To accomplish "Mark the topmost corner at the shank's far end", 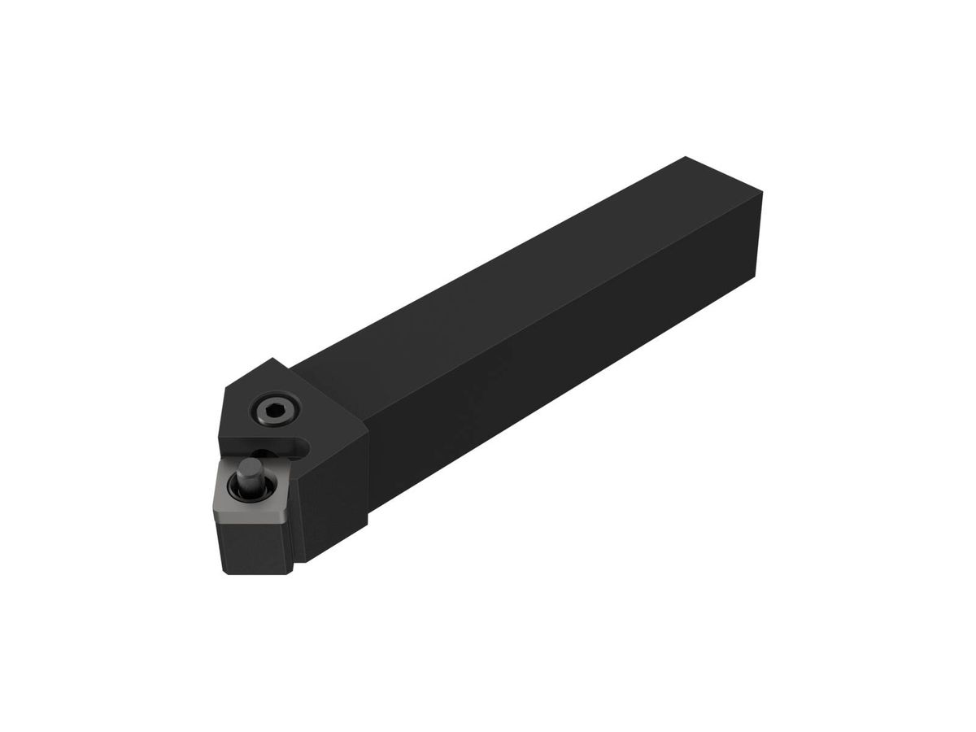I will coord(686,157).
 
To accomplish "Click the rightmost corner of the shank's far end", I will coord(763,193).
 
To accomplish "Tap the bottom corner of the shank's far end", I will coord(758,277).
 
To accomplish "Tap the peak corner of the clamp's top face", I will coord(273,359).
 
